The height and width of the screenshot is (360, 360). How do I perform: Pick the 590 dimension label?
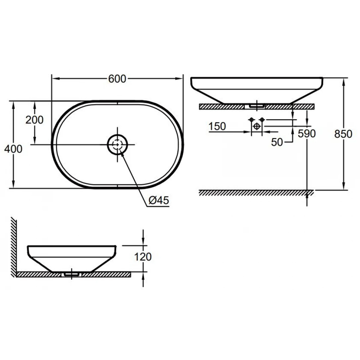(x=307, y=133)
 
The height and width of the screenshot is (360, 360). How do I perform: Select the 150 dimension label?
(x=216, y=126)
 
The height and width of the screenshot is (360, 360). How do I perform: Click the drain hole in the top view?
(x=117, y=144)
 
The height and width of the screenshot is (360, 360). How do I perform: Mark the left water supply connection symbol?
(x=251, y=120)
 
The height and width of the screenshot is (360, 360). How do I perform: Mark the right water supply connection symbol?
(x=262, y=120)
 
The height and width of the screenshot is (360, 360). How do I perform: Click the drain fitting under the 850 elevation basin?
(x=256, y=105)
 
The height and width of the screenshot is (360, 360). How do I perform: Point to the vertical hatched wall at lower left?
(x=15, y=246)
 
